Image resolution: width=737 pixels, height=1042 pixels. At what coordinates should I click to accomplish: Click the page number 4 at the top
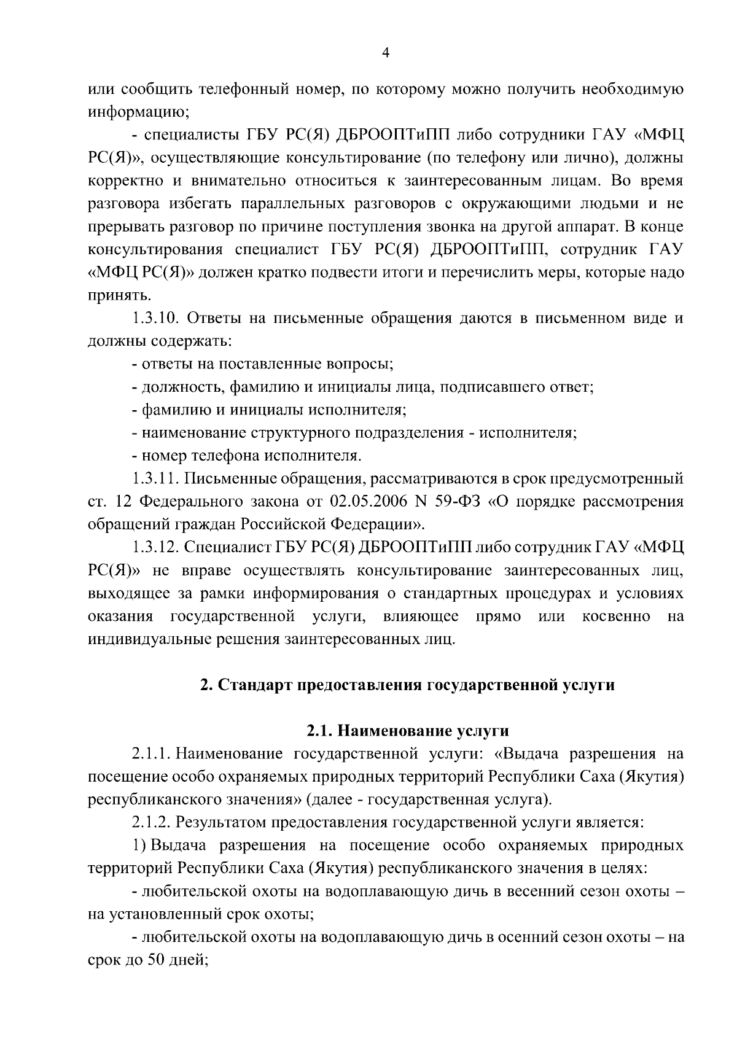386,53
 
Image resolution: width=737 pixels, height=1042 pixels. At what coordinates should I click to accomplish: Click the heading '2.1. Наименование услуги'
408,731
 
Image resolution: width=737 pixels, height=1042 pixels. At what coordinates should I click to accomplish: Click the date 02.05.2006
360,502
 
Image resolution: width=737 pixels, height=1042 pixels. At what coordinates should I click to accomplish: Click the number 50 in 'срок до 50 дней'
151,961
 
